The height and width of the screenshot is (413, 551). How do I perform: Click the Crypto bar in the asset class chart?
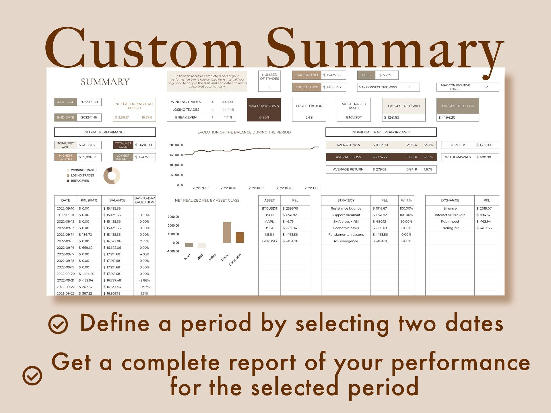[227, 232]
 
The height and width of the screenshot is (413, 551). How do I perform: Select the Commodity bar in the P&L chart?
[240, 237]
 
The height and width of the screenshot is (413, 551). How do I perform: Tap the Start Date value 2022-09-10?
[89, 102]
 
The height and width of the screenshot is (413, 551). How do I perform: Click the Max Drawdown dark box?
[264, 110]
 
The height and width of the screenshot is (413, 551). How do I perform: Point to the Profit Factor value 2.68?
[309, 117]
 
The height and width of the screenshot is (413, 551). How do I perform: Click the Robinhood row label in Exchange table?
[450, 221]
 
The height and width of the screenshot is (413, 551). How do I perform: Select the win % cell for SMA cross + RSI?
[406, 221]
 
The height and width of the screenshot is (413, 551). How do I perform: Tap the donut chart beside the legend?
[112, 176]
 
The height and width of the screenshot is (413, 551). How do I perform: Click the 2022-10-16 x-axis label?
[256, 188]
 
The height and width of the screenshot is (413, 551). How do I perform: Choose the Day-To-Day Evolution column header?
[144, 200]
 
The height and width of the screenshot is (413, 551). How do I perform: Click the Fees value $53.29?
[385, 75]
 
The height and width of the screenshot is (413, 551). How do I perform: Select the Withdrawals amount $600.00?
[484, 157]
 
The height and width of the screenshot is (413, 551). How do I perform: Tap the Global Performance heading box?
[105, 132]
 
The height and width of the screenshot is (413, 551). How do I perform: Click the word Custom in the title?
[143, 49]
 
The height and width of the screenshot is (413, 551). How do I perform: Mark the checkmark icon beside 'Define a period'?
[58, 324]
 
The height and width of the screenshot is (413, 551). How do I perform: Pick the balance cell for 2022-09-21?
[112, 280]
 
